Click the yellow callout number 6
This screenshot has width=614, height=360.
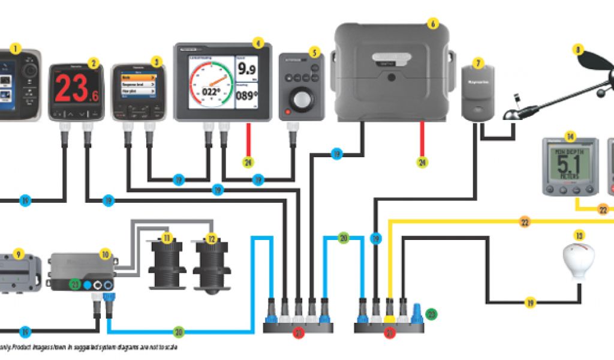coord(433,24)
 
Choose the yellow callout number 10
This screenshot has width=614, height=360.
coord(106,254)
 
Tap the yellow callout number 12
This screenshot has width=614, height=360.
coord(210,238)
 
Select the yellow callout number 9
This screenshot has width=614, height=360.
coord(19,254)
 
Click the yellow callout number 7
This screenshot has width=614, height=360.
coord(478,62)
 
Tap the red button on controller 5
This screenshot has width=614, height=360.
coord(289,112)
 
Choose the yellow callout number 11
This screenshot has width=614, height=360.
coord(167,238)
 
